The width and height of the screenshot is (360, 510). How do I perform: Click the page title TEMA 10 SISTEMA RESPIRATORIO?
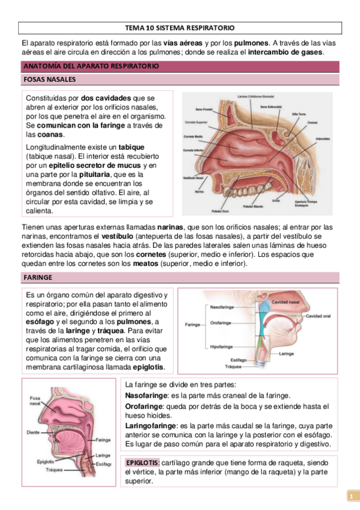(x=180, y=28)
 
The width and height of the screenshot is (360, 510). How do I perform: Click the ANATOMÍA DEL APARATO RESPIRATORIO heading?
(x=91, y=66)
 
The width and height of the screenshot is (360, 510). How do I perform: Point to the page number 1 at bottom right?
(x=349, y=497)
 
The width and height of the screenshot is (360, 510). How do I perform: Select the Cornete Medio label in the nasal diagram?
(x=193, y=137)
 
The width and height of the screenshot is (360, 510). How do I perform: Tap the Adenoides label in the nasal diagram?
(x=323, y=139)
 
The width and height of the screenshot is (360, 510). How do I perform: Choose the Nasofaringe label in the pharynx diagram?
(x=222, y=307)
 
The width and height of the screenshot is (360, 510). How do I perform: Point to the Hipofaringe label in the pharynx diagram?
(x=221, y=346)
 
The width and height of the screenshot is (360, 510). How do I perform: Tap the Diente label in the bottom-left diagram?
(x=34, y=432)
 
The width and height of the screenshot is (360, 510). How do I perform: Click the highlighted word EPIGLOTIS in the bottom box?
(x=142, y=462)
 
